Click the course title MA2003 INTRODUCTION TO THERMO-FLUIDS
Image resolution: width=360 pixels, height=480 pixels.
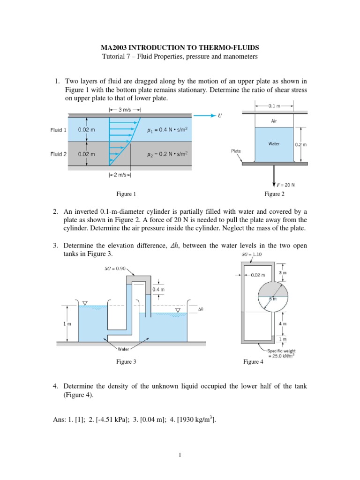180,48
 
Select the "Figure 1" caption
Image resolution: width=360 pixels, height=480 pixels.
126,194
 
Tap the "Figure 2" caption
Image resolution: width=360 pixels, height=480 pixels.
274,194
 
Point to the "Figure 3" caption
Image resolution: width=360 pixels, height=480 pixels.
126,361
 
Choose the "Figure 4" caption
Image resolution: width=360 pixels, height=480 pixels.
253,361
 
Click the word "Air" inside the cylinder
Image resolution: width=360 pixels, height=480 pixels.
274,120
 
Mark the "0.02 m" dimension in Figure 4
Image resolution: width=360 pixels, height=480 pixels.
258,275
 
